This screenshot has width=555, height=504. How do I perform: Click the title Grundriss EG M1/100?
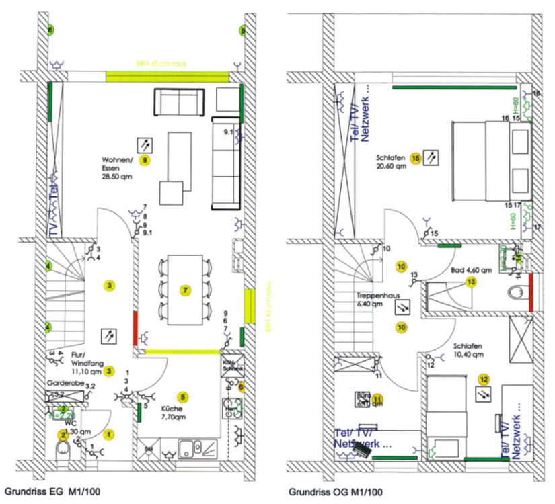(x=53, y=492)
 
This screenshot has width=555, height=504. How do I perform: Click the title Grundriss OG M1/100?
(x=329, y=492)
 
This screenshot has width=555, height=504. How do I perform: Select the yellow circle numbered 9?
(x=144, y=160)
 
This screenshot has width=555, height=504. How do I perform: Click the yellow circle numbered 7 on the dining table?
(x=186, y=290)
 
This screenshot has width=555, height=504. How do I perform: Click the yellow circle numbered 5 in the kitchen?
(x=182, y=396)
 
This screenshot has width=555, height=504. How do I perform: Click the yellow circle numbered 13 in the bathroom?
(x=471, y=283)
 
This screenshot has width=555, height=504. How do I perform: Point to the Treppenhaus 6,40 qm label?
(x=375, y=300)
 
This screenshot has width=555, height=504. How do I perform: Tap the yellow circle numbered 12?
(x=484, y=378)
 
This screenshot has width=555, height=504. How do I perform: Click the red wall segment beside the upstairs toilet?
(x=531, y=292)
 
